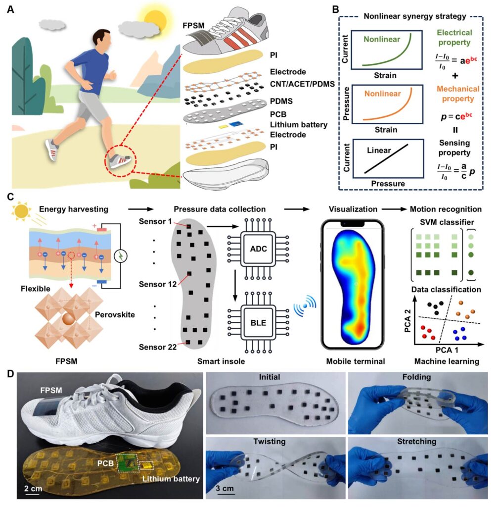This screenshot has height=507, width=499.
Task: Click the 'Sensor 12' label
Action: (154, 285)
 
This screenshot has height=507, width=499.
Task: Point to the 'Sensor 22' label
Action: (154, 347)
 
